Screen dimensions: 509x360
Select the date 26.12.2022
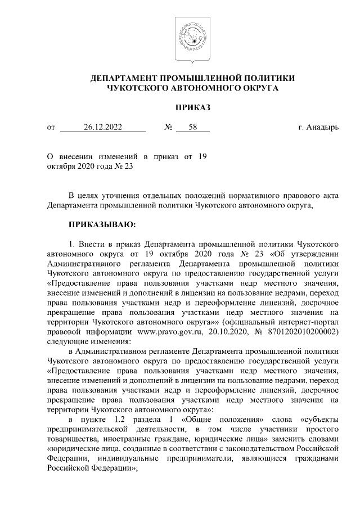point(103,128)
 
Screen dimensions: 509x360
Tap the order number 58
point(193,128)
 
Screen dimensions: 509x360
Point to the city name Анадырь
point(322,128)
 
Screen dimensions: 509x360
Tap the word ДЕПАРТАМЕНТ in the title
point(123,78)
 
